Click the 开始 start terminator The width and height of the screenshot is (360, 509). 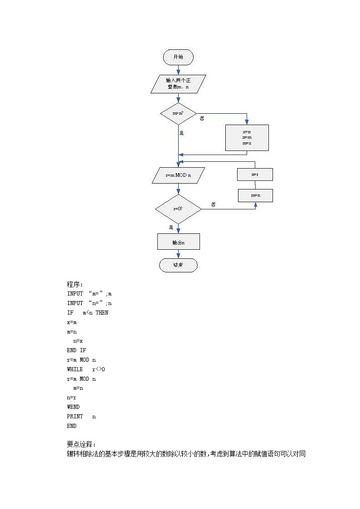click(178, 57)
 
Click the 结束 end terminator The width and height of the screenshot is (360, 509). click(178, 265)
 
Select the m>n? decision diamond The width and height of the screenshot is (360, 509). click(178, 113)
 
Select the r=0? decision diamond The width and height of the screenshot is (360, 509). click(178, 209)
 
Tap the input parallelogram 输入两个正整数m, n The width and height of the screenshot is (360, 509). click(178, 84)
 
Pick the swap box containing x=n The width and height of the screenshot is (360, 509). click(247, 137)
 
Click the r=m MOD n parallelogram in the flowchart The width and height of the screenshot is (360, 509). click(178, 175)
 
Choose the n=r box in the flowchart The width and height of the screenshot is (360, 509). click(255, 175)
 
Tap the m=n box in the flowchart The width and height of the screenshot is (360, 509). click(255, 195)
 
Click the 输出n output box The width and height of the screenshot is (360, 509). click(178, 242)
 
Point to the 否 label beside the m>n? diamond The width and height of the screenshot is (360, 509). click(202, 119)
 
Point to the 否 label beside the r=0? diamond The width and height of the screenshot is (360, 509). click(213, 204)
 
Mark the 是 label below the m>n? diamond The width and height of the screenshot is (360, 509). click(181, 133)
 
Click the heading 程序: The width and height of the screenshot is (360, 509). click(75, 284)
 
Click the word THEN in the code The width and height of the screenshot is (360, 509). click(102, 313)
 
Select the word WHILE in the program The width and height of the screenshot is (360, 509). click(75, 369)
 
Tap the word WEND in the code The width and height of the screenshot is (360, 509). click(73, 407)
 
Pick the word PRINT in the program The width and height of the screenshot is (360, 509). click(75, 417)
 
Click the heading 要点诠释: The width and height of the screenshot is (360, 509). click(81, 444)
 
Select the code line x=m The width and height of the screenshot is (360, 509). click(72, 322)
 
